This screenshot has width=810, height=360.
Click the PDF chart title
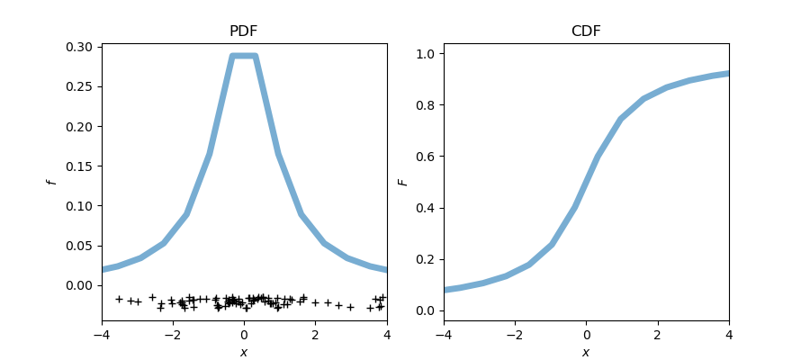click(x=244, y=31)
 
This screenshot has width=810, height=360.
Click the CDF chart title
click(x=586, y=31)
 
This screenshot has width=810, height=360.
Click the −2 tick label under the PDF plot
click(x=172, y=335)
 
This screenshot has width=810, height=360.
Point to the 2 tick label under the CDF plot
click(x=657, y=335)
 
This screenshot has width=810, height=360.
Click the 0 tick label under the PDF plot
click(x=244, y=335)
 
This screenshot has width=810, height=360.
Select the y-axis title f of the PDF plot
click(x=52, y=182)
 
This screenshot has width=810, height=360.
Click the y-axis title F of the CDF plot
click(x=403, y=182)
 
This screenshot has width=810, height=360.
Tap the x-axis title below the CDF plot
click(x=586, y=352)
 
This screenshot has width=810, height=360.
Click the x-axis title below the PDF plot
click(x=244, y=352)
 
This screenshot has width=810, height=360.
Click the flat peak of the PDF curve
click(x=244, y=56)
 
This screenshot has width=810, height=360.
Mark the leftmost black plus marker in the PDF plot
click(x=119, y=299)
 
